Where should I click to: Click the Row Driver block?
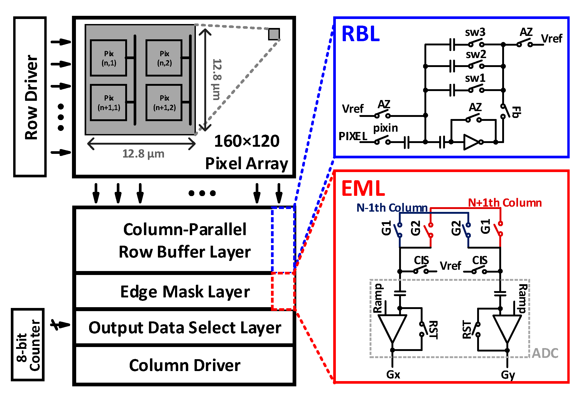click(30, 97)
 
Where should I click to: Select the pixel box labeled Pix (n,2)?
click(164, 58)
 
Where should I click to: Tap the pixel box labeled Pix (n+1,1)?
click(108, 103)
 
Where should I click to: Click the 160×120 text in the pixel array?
click(246, 141)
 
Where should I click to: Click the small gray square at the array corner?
click(274, 34)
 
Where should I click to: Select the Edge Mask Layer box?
click(185, 292)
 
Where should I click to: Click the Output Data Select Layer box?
click(185, 328)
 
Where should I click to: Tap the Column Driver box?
click(185, 365)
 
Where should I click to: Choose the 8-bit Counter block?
click(28, 345)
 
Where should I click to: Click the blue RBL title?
click(360, 34)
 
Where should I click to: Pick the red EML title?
click(363, 188)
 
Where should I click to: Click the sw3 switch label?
click(475, 32)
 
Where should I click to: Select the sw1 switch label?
click(475, 78)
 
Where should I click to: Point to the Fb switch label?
click(516, 112)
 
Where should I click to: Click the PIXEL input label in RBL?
click(353, 136)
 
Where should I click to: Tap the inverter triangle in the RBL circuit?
click(471, 142)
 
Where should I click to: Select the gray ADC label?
click(545, 353)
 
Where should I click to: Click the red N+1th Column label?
click(505, 203)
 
